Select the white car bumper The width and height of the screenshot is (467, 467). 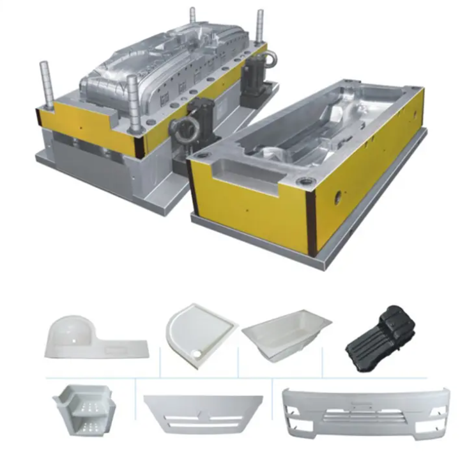tap(365, 415)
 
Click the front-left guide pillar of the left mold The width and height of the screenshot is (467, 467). tap(45, 83)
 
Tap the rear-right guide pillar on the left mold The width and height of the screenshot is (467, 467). tap(259, 28)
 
